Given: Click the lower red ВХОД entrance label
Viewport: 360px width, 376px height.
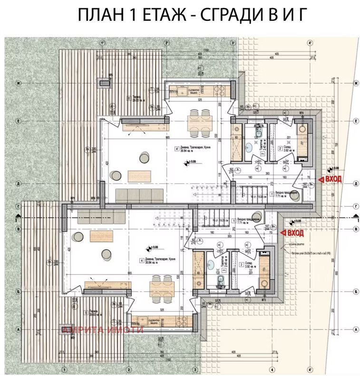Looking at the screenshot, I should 293,233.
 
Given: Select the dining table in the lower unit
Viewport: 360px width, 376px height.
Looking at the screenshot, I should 161,288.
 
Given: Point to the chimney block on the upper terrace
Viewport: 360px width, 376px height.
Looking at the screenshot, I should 104,83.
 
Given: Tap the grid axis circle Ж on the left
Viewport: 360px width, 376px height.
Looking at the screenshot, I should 18,82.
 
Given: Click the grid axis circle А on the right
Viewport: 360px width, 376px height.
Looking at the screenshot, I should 355,328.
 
